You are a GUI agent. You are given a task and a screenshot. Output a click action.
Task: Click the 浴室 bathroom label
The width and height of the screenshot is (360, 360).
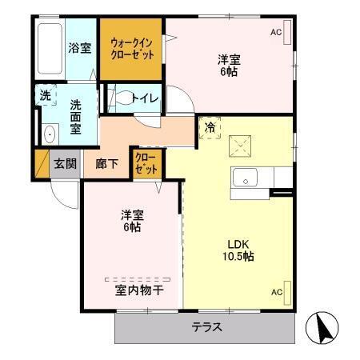(x=78, y=47)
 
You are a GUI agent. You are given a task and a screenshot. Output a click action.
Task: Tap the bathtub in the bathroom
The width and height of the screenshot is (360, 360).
(x=50, y=48)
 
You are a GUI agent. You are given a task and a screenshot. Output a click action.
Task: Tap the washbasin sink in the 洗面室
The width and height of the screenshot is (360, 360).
(x=49, y=133)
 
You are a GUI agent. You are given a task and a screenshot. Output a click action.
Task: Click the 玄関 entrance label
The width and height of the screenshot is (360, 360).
(x=65, y=163)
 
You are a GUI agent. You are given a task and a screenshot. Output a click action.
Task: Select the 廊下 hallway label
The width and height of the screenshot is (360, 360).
(x=106, y=163)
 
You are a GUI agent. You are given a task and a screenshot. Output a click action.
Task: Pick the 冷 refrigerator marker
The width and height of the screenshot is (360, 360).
(x=210, y=127)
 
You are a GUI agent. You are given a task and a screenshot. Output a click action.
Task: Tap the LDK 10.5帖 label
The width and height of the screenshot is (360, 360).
(x=238, y=249)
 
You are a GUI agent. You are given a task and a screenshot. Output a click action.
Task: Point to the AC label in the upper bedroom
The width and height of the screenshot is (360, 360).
(x=275, y=32)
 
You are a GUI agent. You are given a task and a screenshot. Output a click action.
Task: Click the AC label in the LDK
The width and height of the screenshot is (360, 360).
(x=275, y=291)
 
